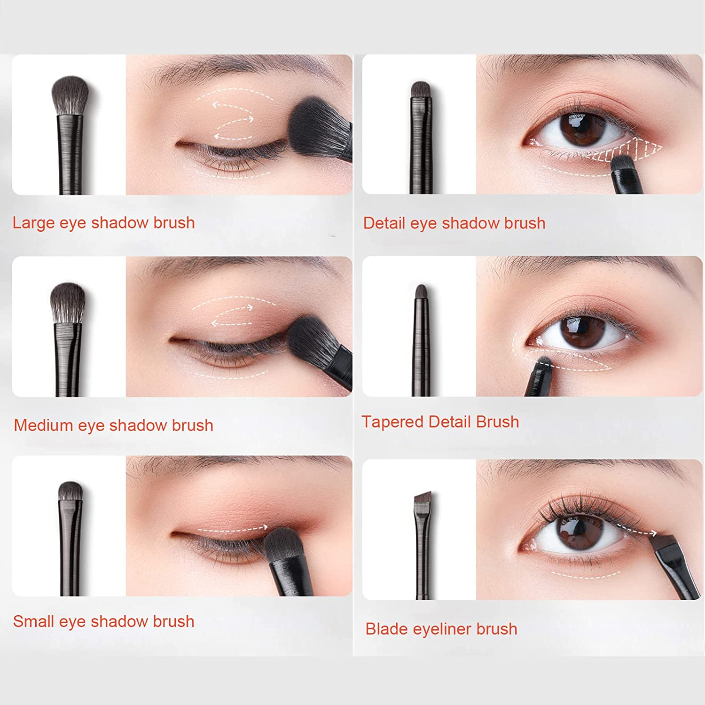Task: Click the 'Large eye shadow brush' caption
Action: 103,223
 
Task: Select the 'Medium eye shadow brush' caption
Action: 113,425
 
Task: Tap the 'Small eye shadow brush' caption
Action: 103,621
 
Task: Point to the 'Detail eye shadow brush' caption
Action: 454,223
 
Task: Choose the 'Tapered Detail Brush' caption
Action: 440,422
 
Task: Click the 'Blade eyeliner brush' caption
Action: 441,629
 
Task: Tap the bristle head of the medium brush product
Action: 68,301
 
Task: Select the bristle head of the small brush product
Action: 70,492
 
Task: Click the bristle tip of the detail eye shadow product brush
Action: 421,89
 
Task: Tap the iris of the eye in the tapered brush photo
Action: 581,331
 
